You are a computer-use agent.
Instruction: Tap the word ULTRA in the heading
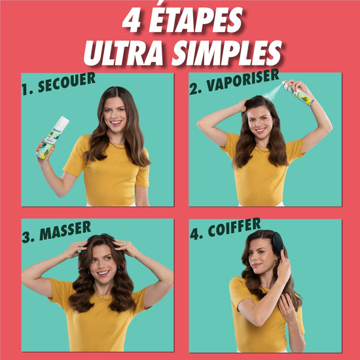123,53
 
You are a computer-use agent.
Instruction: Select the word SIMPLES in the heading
227,53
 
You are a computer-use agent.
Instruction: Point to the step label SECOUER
67,82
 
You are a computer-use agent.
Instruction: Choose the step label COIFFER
234,227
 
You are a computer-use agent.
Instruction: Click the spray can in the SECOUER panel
52,137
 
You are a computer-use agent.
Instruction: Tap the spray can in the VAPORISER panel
298,92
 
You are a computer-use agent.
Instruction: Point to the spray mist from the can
272,93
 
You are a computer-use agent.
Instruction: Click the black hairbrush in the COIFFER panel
278,243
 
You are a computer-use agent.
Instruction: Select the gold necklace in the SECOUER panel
117,146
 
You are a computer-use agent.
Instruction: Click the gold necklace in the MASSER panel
103,298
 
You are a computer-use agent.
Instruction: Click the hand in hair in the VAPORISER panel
243,105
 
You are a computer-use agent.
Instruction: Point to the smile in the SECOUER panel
116,122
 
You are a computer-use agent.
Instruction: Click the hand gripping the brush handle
284,266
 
